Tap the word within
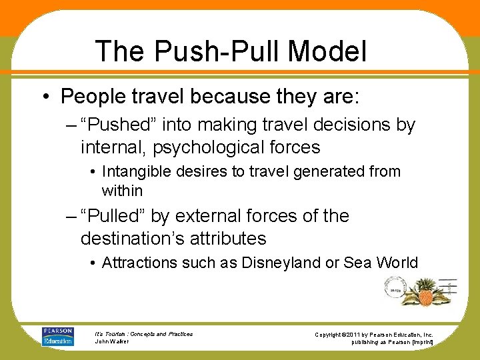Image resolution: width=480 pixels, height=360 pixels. [122, 191]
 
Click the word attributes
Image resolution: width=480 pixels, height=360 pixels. [229, 238]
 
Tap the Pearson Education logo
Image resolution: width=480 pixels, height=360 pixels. [57, 336]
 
